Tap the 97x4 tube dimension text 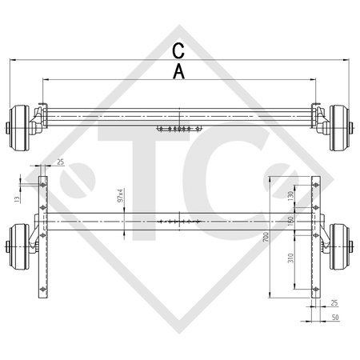point(120,195)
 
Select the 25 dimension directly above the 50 point(333,303)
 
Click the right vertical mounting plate point(315,240)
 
